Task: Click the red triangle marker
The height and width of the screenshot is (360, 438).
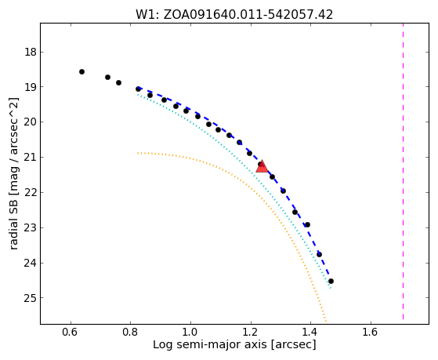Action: pos(262,167)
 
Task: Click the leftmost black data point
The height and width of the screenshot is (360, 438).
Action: pos(81,72)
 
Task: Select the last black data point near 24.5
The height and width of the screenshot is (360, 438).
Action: pos(331,281)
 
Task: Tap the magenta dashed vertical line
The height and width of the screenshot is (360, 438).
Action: pos(403,171)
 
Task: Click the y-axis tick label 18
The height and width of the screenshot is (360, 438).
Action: pos(31,53)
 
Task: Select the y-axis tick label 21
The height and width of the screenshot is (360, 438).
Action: pos(31,158)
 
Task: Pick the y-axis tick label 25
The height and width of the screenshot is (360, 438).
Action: pos(31,298)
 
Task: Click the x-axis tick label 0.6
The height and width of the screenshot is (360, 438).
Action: pos(71,332)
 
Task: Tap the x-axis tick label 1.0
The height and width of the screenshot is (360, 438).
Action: pos(190,332)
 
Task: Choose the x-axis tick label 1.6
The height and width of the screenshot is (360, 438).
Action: pos(371,332)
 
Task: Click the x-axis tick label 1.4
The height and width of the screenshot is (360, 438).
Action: pos(310,332)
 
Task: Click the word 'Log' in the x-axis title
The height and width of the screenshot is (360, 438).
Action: pos(161,345)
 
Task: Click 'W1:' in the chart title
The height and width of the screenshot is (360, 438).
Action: pos(147,15)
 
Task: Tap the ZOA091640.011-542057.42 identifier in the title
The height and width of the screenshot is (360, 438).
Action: pos(248,15)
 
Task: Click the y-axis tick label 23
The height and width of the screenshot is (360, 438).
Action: pos(31,228)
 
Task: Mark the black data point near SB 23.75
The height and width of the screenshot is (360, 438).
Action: pos(319,255)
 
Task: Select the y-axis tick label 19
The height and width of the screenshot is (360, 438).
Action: pos(31,87)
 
